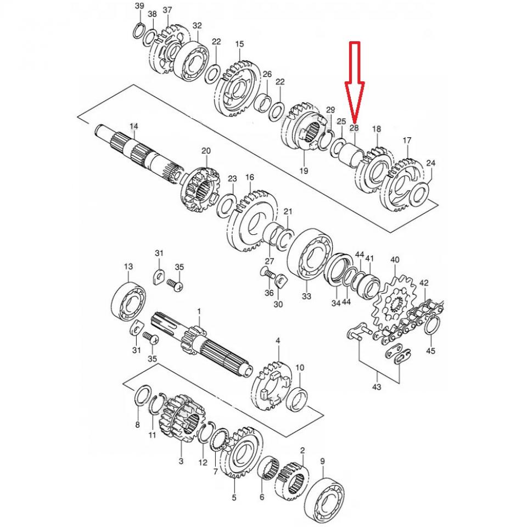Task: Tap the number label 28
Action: click(x=354, y=127)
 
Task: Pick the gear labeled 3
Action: click(x=178, y=419)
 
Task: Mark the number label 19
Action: click(x=304, y=171)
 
